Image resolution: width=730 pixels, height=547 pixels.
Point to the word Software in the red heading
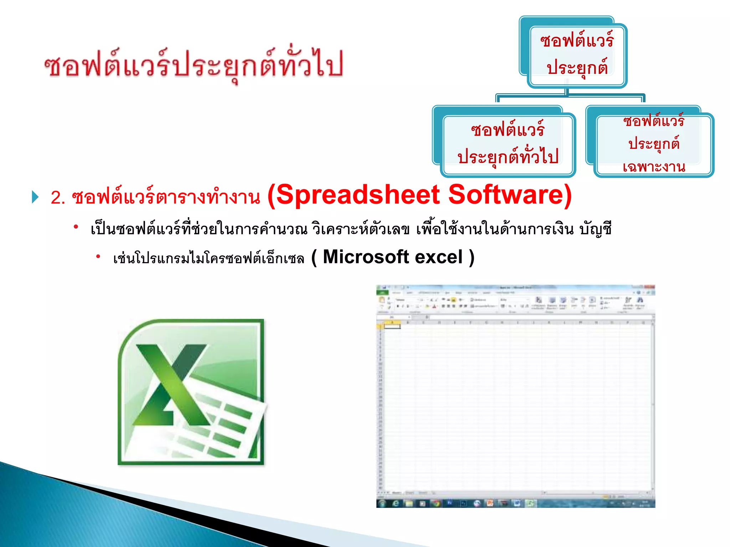pyautogui.click(x=510, y=195)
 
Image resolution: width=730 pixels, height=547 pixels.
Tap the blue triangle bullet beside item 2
pyautogui.click(x=35, y=197)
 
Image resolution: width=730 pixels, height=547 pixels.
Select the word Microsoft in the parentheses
pyautogui.click(x=366, y=257)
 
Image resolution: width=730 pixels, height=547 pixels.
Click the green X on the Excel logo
pyautogui.click(x=171, y=385)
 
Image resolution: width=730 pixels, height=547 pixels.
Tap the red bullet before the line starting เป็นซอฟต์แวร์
pyautogui.click(x=76, y=226)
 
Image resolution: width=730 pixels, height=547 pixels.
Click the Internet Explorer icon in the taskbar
pyautogui.click(x=396, y=503)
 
